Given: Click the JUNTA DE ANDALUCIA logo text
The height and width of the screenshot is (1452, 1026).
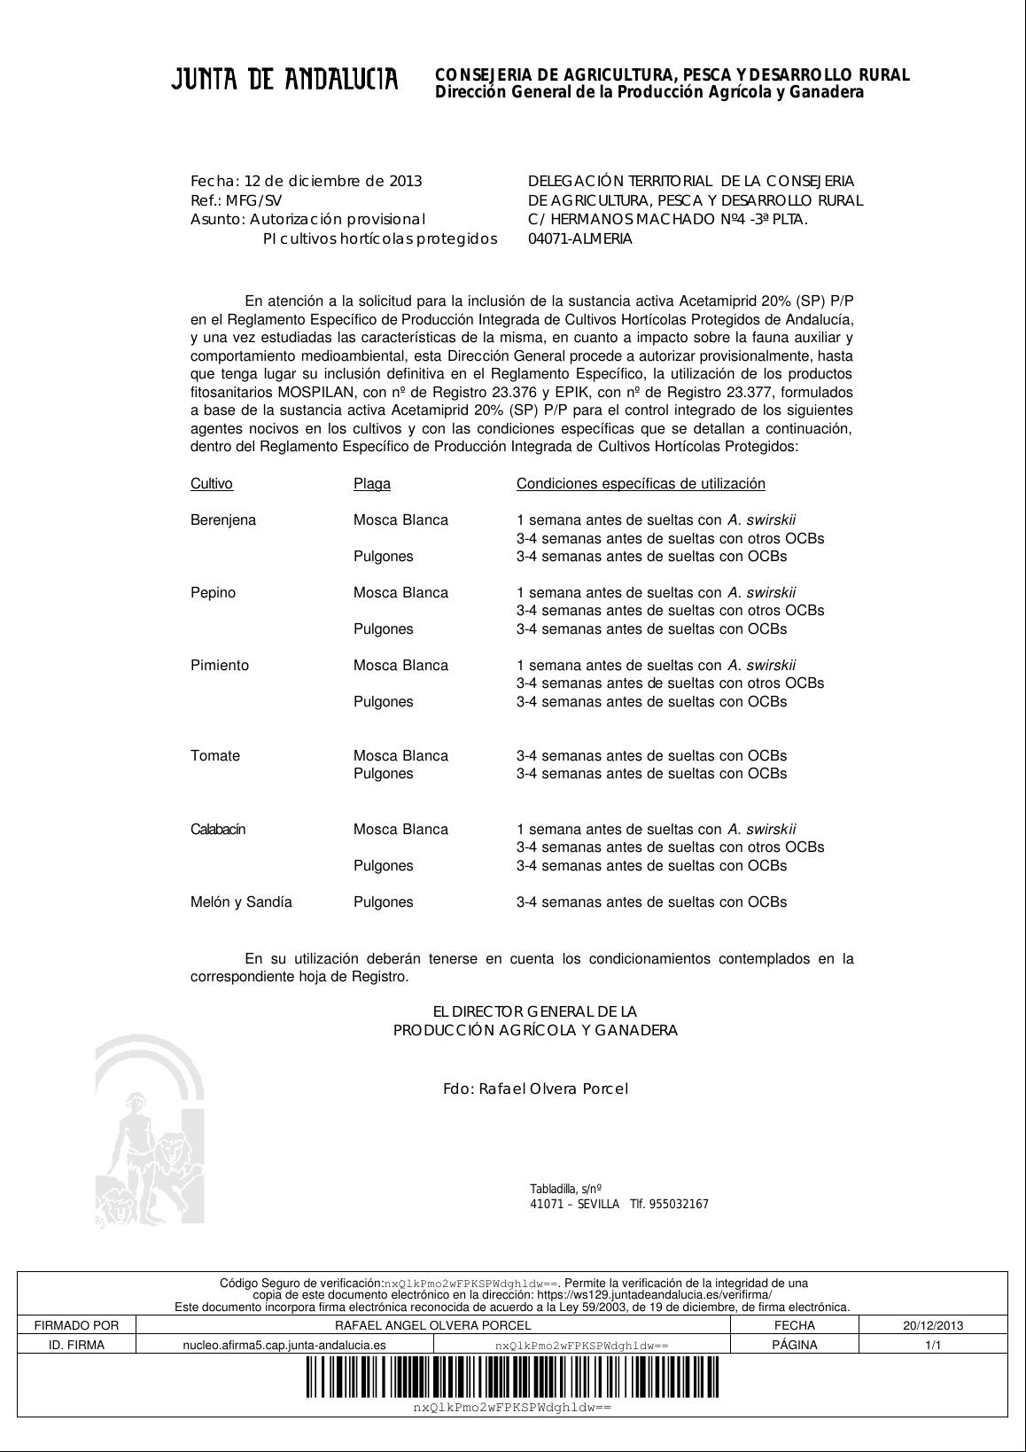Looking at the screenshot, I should point(284,81).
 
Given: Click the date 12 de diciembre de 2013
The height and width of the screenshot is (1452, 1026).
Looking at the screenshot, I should point(333,182).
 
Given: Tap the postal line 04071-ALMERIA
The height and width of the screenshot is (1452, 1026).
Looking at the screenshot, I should point(580,238).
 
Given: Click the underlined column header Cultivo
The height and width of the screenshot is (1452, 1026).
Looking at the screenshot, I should point(212,484).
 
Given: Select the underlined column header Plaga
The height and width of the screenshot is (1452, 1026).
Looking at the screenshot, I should point(372,484).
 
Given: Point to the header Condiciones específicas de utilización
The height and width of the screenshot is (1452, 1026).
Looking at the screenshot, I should point(641,484).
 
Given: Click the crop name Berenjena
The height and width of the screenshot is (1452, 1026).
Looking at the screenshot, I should point(223,520).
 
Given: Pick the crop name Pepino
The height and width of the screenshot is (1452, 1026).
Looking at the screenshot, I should point(214,593).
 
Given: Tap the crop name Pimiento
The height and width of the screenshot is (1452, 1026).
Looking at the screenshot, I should point(220,666).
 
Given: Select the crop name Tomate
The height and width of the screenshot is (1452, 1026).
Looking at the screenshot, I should point(215,756).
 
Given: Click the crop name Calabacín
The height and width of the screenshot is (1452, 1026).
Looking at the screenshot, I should point(218,830).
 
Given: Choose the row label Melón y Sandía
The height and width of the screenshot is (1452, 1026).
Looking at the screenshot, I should point(241,902).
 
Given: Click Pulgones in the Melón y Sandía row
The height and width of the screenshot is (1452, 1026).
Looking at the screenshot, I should point(384,902).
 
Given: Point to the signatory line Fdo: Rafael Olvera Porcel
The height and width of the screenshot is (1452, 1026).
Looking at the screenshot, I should point(535,1089).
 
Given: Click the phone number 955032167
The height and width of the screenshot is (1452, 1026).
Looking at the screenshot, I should point(679,1204).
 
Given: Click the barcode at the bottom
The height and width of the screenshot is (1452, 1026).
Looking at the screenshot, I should point(512,1378).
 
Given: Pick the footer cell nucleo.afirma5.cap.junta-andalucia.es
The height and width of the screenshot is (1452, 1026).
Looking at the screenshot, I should point(284,1345).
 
